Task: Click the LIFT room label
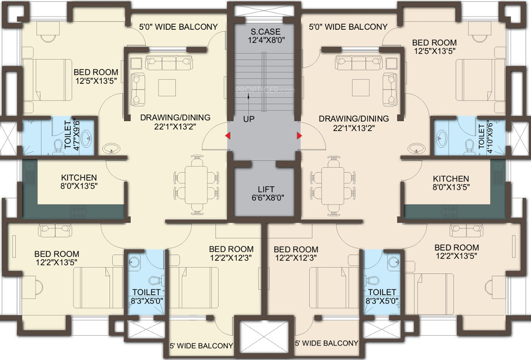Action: click(266, 189)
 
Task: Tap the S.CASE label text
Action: click(265, 31)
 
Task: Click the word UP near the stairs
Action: click(249, 119)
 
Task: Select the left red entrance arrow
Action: click(228, 136)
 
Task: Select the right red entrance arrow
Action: click(299, 136)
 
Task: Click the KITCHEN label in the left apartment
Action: click(79, 178)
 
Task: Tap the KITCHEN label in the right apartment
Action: click(451, 179)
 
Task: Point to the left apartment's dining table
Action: click(196, 185)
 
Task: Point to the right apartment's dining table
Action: click(332, 186)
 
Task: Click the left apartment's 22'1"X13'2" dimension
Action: click(175, 127)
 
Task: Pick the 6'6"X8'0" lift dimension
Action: click(268, 198)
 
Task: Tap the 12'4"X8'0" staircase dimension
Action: click(266, 40)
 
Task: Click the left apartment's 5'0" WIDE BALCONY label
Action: click(178, 27)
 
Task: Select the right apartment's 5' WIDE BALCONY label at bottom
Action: click(326, 343)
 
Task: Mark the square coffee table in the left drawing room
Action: click(167, 88)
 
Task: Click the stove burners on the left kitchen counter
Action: click(78, 212)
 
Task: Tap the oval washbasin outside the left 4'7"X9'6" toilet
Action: click(111, 149)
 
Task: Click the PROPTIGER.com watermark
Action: click(265, 90)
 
